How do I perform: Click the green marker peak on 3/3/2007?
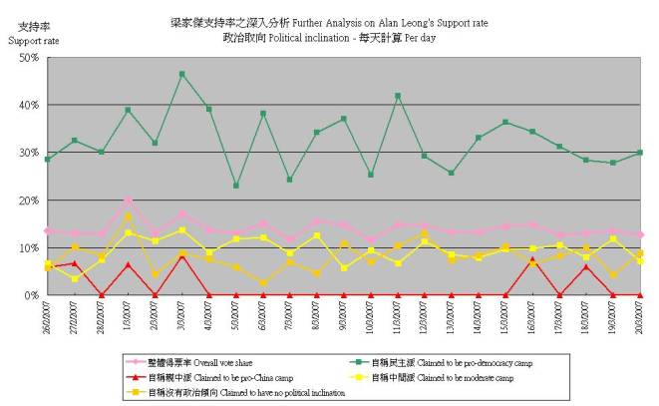[181, 74]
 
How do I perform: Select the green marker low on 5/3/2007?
[235, 186]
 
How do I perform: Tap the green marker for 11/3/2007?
[398, 96]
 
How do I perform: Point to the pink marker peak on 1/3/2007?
[128, 201]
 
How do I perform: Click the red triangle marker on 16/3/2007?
[532, 260]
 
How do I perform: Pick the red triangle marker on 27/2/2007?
[74, 263]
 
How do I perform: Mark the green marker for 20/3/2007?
[640, 153]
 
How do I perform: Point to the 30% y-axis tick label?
[25, 153]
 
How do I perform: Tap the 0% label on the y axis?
[28, 296]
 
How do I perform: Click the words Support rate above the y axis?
[33, 41]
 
